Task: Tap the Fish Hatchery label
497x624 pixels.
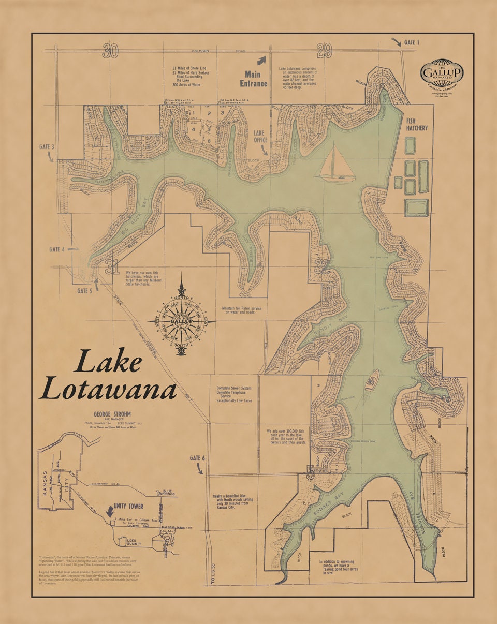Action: [x=417, y=124]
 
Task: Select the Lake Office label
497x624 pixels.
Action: [x=259, y=136]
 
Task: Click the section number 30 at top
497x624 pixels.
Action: [x=110, y=51]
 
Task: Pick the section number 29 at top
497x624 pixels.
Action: [x=324, y=51]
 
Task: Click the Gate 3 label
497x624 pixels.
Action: [x=47, y=147]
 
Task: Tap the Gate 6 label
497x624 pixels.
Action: [x=197, y=458]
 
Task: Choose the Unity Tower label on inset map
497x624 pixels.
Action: [x=129, y=506]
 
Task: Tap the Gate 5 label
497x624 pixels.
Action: [x=84, y=291]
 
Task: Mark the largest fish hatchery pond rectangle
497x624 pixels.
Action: [x=416, y=207]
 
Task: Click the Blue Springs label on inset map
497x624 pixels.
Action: [x=167, y=493]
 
